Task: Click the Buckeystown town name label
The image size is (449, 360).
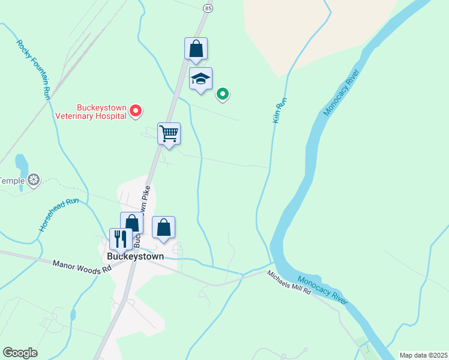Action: [x=135, y=256]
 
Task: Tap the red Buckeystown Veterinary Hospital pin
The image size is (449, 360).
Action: [x=136, y=110]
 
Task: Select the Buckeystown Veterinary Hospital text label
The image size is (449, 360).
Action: [x=91, y=112]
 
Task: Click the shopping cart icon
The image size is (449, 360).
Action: [x=169, y=133]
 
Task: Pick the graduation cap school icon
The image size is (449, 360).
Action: [x=201, y=79]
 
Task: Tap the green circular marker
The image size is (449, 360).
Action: [x=223, y=94]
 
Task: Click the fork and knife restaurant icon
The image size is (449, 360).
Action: [x=120, y=239]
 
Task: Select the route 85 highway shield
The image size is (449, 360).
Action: [x=208, y=8]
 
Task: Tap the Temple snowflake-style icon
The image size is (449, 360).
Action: [x=35, y=180]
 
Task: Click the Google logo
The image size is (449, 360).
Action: [x=20, y=353]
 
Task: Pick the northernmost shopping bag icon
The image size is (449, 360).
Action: [x=196, y=49]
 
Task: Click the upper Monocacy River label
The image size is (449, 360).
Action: [x=340, y=93]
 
